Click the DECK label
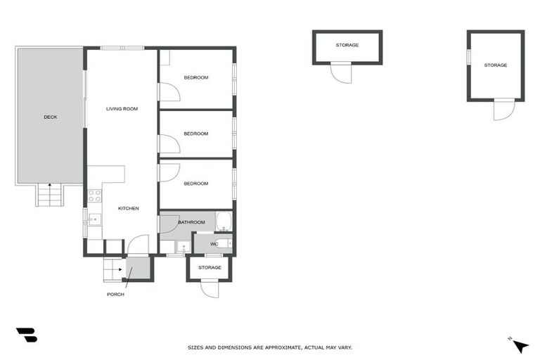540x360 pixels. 50,117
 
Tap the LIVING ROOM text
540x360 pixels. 122,109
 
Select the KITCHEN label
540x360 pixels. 128,208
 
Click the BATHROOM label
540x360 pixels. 191,222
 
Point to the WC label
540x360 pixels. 214,244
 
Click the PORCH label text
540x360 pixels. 115,294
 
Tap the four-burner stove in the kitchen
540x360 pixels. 94,195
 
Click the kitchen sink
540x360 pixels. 94,220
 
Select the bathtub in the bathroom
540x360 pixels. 224,221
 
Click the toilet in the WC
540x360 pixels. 224,243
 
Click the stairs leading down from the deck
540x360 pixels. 49,195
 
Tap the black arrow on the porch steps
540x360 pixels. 120,269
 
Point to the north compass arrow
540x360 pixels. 520,346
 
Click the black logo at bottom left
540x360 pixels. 27,335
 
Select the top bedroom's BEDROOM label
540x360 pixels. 196,77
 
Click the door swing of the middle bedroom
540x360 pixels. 169,143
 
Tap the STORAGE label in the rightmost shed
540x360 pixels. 495,65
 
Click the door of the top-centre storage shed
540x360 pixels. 342,72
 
